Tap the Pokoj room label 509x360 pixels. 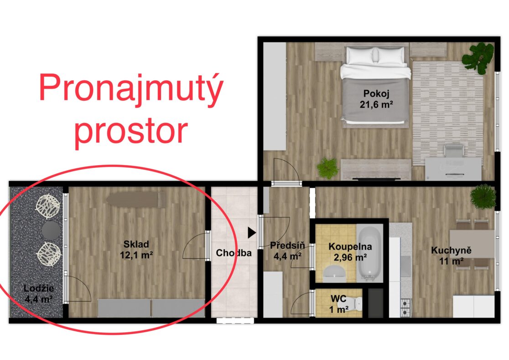(x=376, y=94)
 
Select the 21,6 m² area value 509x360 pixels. (x=376, y=104)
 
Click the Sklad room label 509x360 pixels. (x=136, y=244)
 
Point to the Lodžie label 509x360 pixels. (x=39, y=288)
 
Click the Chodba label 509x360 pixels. (x=234, y=253)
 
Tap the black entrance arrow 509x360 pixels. (x=252, y=233)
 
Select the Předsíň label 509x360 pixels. (x=287, y=245)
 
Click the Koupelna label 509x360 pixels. (x=350, y=246)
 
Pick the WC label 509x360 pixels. (x=338, y=298)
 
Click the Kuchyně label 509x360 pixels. (x=451, y=250)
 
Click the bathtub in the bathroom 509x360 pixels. (x=370, y=254)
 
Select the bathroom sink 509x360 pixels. (x=335, y=272)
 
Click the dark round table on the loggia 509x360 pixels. (x=51, y=230)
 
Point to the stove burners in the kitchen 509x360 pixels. (x=406, y=308)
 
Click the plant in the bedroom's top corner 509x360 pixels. (x=478, y=57)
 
